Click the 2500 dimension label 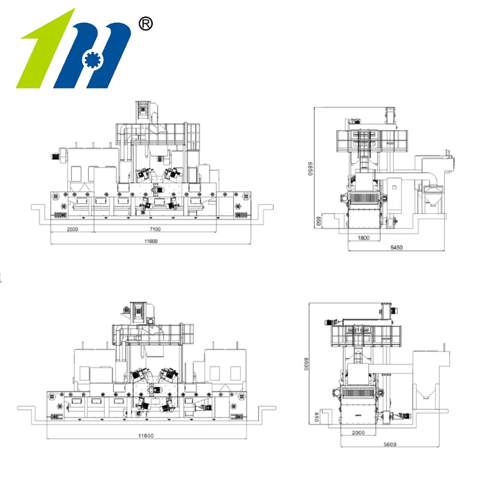tap(72, 229)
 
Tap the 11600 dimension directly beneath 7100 tap(151, 241)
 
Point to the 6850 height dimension tap(311, 169)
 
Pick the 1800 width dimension tap(363, 238)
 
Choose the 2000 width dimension tap(359, 433)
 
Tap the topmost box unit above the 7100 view tap(143, 109)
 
